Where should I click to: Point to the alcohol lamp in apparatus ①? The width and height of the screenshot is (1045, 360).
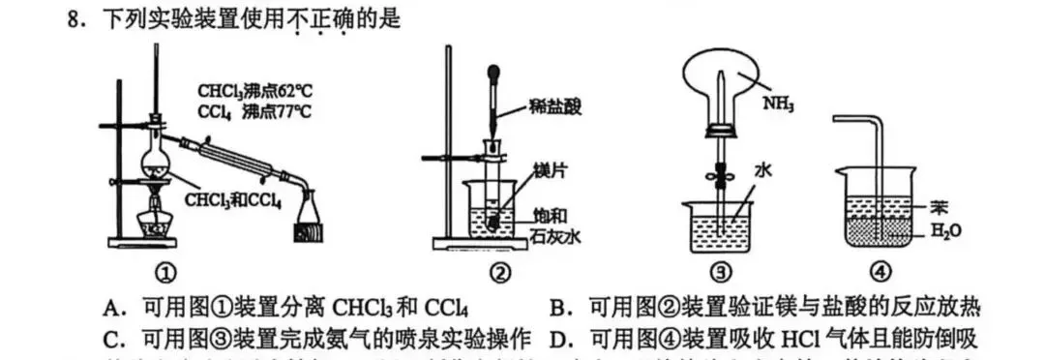[x=154, y=220]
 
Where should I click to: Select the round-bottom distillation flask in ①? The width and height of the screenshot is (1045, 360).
[x=154, y=152]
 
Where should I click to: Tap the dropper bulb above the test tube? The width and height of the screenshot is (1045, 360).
[x=494, y=74]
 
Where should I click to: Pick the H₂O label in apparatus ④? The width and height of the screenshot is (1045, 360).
[x=944, y=230]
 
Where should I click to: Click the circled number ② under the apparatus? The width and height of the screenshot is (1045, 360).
[x=498, y=274]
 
